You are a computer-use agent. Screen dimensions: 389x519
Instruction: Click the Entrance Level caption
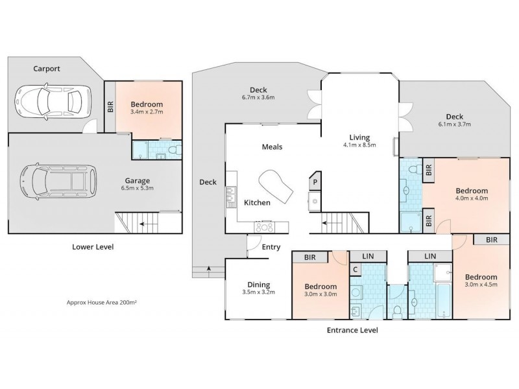click(351, 330)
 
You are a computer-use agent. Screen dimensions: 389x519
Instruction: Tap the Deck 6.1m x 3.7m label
click(454, 120)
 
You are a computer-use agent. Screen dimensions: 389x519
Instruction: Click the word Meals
click(272, 147)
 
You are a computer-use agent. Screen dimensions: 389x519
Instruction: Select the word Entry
click(271, 247)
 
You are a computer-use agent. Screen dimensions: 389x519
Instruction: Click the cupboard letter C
click(356, 268)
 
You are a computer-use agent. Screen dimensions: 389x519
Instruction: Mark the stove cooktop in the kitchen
click(265, 227)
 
